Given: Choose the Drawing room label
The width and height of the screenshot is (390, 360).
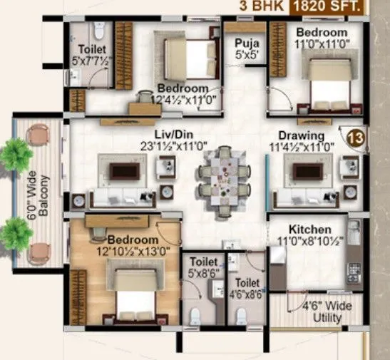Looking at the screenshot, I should pos(302,135).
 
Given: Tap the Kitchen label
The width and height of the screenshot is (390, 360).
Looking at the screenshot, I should pos(309,230).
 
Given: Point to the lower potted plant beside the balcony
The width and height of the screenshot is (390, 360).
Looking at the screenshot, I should pos(14,232).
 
